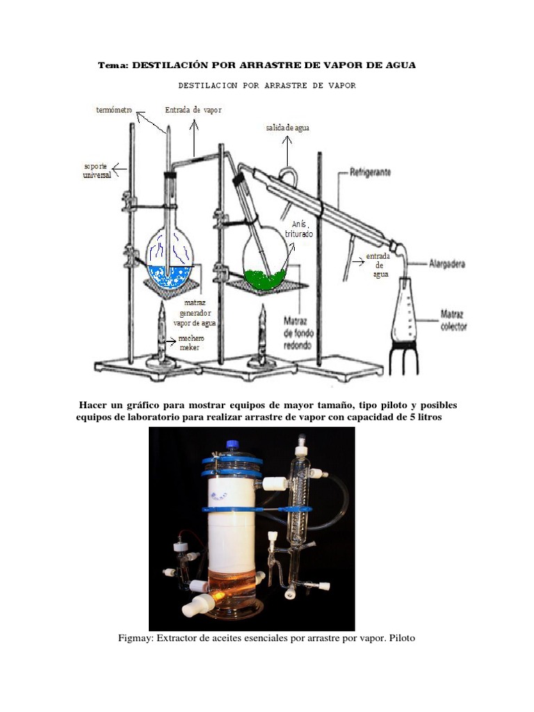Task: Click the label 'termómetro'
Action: click(x=114, y=111)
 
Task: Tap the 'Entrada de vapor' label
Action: click(x=193, y=110)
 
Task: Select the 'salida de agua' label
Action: click(x=288, y=128)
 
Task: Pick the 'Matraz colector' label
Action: click(x=453, y=320)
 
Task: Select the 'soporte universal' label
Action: click(x=97, y=171)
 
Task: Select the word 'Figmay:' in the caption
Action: click(x=134, y=638)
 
